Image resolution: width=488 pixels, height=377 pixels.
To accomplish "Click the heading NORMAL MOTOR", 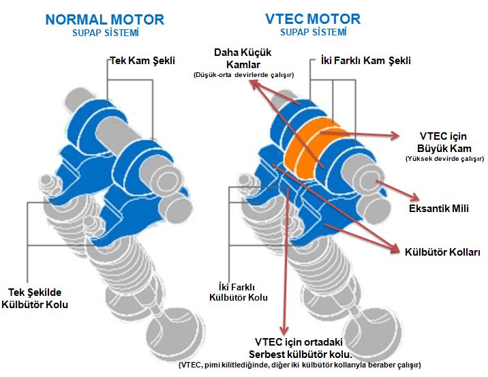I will pyautogui.click(x=104, y=19).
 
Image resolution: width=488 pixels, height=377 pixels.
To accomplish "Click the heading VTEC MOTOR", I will pyautogui.click(x=314, y=18).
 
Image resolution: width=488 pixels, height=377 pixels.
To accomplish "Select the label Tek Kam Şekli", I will pyautogui.click(x=142, y=61).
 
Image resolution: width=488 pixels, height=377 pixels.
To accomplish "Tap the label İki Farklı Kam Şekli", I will pyautogui.click(x=365, y=61).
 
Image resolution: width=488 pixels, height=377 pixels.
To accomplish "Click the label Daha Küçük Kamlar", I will pyautogui.click(x=243, y=58).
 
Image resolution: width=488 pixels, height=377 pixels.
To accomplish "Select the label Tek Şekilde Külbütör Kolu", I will pyautogui.click(x=38, y=297).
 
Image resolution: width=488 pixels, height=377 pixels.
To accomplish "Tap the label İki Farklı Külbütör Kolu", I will pyautogui.click(x=238, y=291).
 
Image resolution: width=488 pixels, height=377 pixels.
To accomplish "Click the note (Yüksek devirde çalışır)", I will pyautogui.click(x=444, y=158).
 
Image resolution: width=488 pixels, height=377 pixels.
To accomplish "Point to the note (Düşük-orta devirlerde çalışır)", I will pyautogui.click(x=243, y=75).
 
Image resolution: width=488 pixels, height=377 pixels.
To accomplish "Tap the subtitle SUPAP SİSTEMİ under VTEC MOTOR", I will pyautogui.click(x=314, y=32).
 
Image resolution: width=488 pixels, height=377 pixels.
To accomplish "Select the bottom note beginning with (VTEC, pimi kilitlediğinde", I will pyautogui.click(x=300, y=365).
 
